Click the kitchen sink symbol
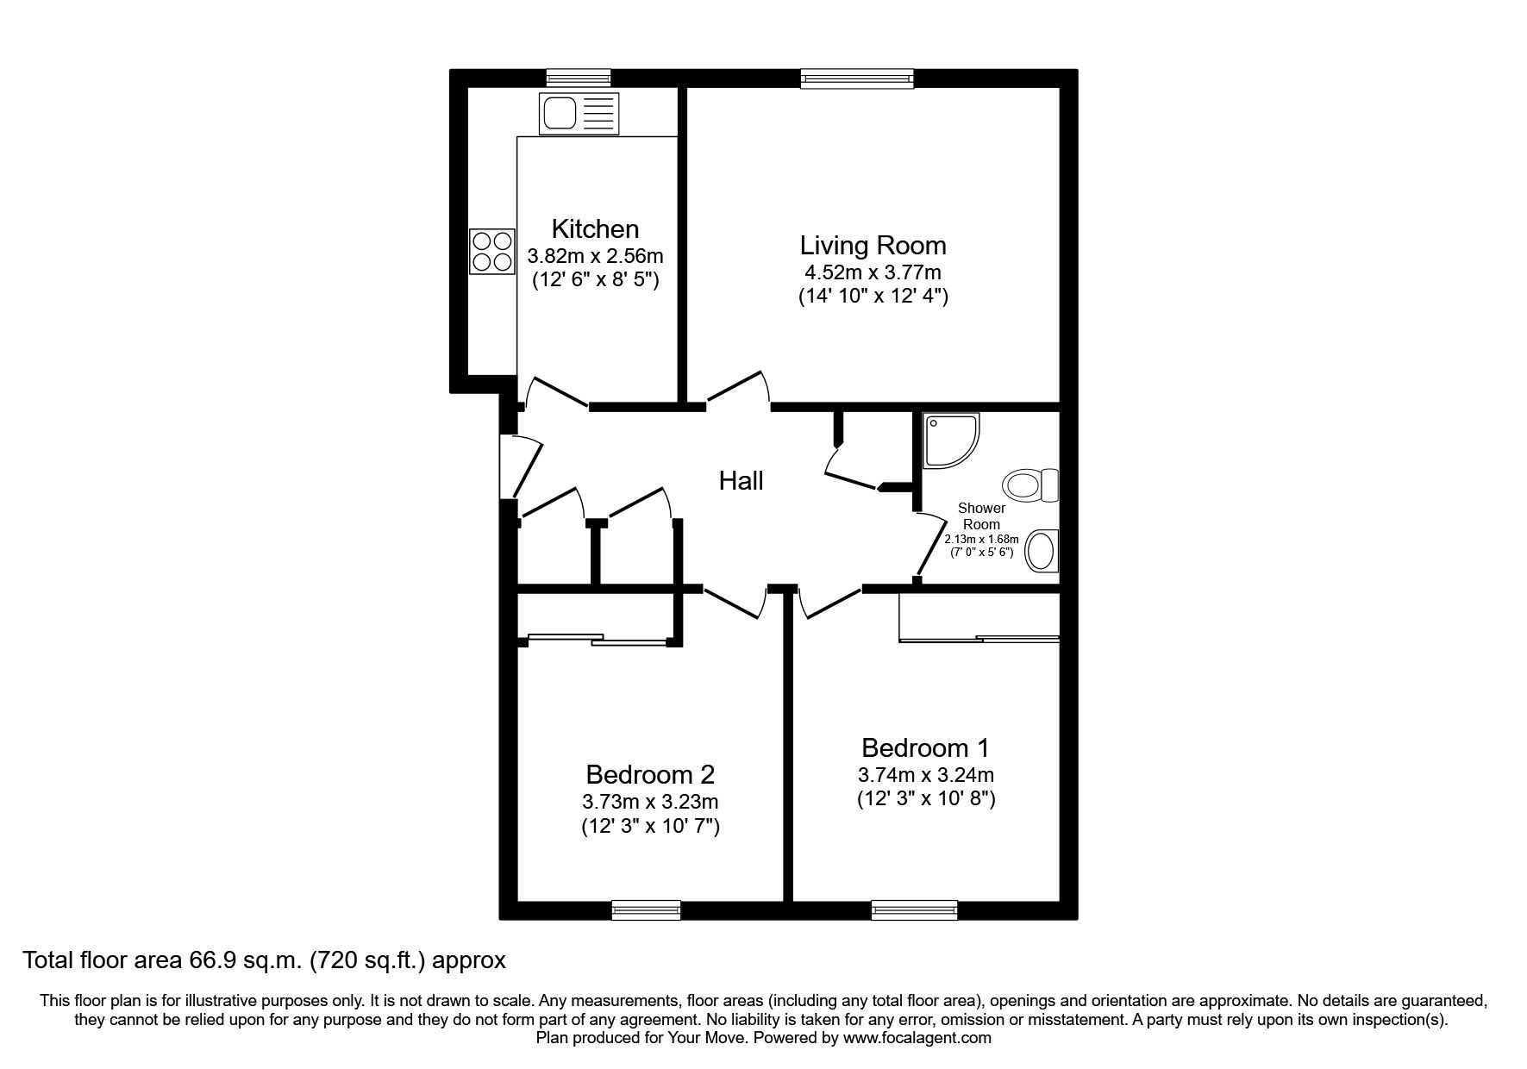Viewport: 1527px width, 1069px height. tap(579, 114)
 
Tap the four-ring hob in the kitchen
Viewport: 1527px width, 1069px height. tap(491, 251)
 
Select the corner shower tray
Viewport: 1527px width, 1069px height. tap(950, 441)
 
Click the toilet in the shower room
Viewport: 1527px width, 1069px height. tap(1031, 485)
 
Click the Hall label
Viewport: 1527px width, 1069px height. tap(741, 481)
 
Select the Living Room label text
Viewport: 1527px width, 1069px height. tap(873, 246)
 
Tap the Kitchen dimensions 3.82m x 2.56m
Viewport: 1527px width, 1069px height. tap(595, 256)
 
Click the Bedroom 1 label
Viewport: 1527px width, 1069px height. tap(925, 747)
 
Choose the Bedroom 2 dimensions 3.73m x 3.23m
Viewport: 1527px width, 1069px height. tap(650, 802)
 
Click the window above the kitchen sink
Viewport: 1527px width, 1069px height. tap(579, 78)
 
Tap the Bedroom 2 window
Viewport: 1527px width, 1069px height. tap(646, 910)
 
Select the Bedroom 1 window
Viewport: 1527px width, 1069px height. tap(914, 910)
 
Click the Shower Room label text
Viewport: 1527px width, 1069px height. tap(981, 516)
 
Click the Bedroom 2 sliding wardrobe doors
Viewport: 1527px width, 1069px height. tap(598, 640)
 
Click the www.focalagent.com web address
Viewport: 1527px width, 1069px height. tap(917, 1038)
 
